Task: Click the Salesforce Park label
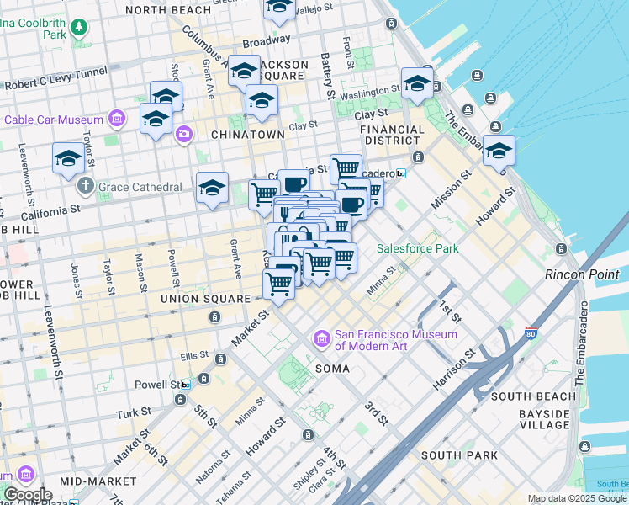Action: pos(417,248)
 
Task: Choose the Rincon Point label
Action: pos(582,274)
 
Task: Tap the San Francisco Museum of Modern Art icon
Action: pos(321,339)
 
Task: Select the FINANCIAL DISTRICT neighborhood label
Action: pos(392,136)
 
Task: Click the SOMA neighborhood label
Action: pos(332,369)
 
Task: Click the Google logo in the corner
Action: pos(27,495)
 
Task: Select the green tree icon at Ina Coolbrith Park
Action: pos(79,28)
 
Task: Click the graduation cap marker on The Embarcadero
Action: pos(499,151)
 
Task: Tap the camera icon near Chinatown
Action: pos(183,134)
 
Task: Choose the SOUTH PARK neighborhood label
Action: pos(453,455)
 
